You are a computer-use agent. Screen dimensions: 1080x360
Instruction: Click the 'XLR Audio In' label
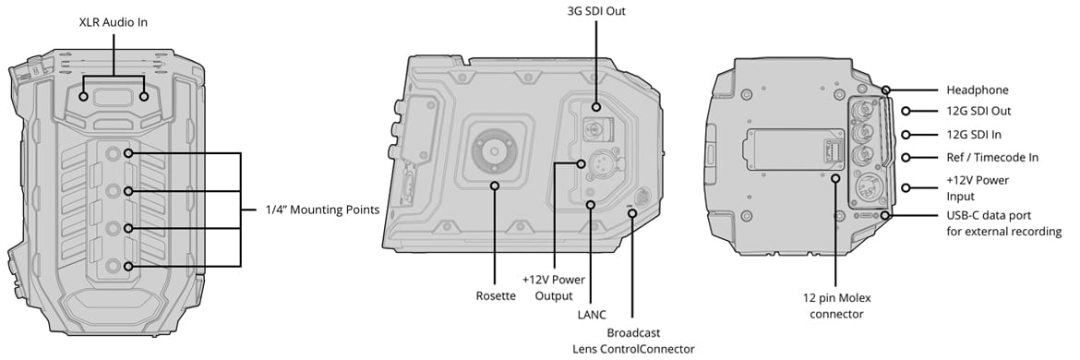click(113, 23)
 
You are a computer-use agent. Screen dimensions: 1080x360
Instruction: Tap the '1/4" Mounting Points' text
click(322, 210)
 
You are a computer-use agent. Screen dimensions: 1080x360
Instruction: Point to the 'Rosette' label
click(496, 296)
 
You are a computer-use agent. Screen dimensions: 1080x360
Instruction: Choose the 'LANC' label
click(591, 315)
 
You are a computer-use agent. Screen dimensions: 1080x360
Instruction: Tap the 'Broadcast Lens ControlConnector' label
click(633, 341)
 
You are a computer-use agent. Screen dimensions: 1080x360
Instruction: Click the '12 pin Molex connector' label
click(837, 306)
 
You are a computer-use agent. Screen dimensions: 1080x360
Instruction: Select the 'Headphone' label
click(978, 90)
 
